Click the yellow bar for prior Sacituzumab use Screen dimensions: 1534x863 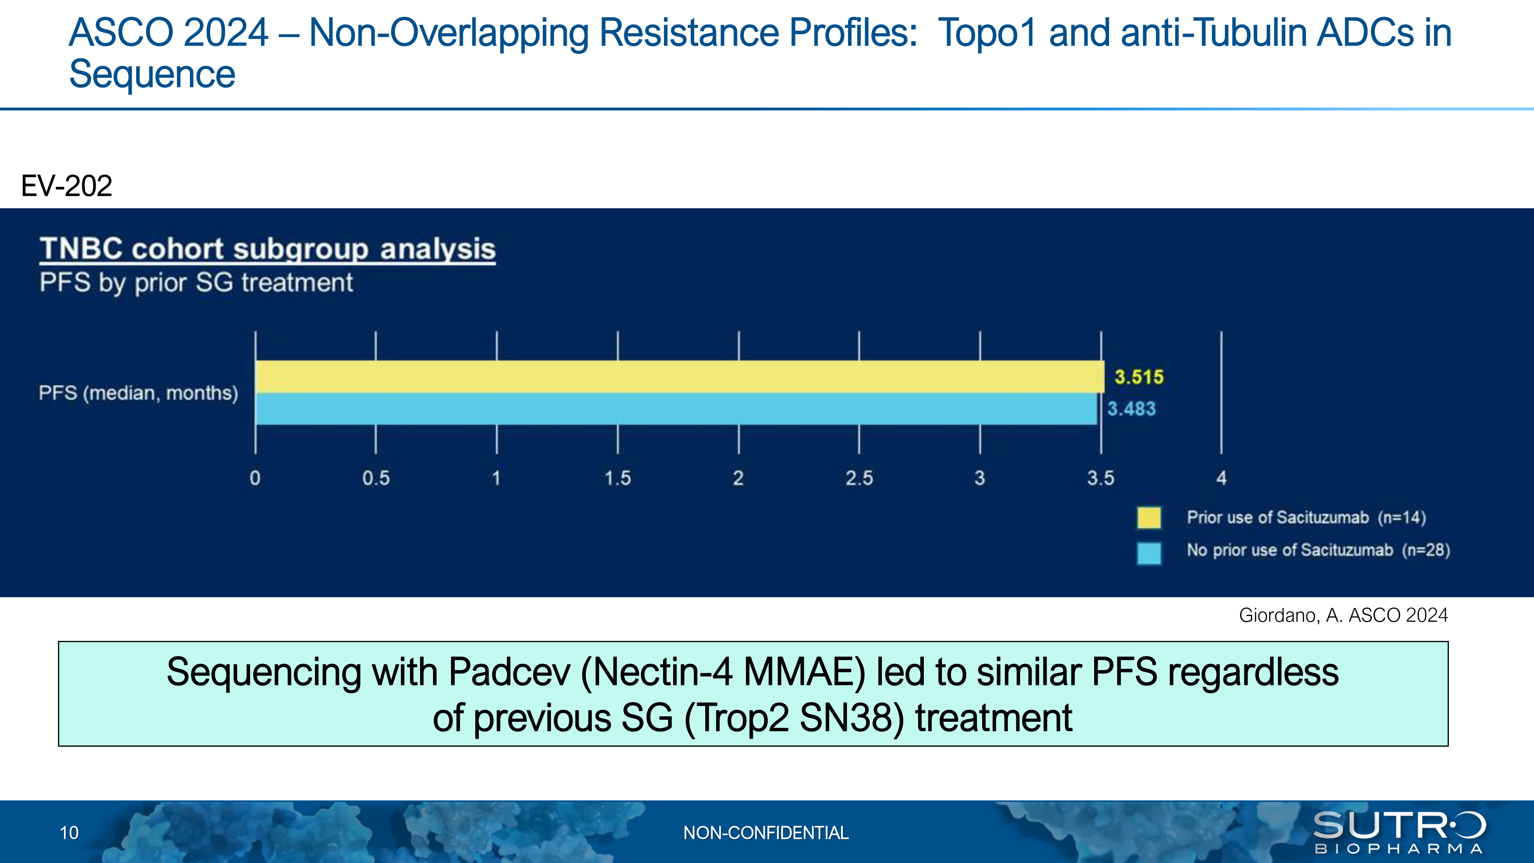[680, 376]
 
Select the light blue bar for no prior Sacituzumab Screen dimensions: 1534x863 [676, 408]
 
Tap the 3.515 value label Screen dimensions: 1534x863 [1139, 377]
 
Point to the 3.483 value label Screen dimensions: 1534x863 [1131, 408]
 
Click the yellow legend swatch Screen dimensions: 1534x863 [1149, 517]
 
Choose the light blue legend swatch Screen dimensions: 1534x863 [1149, 553]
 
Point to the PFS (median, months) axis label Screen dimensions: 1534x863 [138, 393]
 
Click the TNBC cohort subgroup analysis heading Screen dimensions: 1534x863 [267, 249]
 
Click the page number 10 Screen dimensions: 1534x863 [69, 833]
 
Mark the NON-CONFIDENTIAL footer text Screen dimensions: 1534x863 [766, 833]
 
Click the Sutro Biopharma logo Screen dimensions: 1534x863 [1399, 832]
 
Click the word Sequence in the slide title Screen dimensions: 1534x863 [153, 74]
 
